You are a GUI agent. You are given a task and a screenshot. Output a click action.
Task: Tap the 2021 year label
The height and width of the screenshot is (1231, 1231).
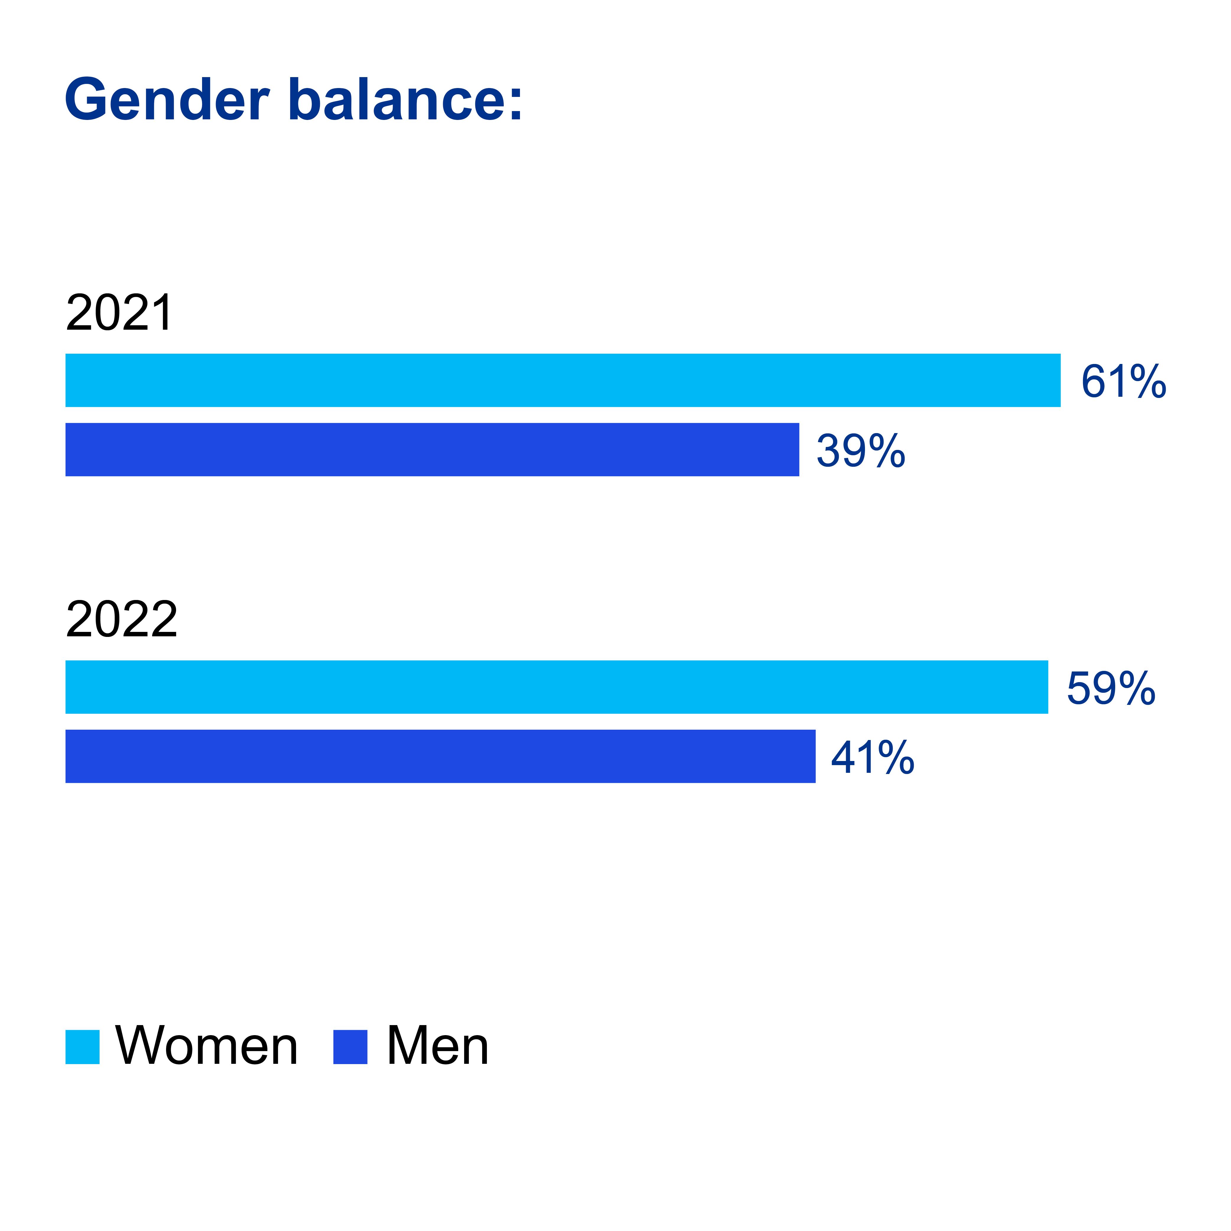tap(119, 313)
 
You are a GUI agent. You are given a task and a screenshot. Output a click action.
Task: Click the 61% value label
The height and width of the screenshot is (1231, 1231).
tap(1123, 381)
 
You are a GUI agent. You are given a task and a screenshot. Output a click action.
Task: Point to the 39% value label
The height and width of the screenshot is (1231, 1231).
tap(861, 451)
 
